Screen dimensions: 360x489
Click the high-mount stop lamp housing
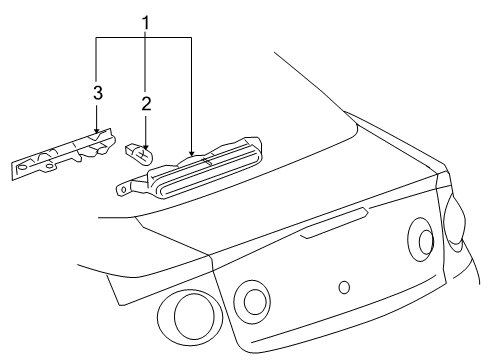click(200, 169)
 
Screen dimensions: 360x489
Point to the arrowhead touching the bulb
click(146, 145)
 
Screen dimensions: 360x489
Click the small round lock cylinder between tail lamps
click(344, 287)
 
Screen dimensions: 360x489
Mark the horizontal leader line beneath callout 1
click(144, 39)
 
